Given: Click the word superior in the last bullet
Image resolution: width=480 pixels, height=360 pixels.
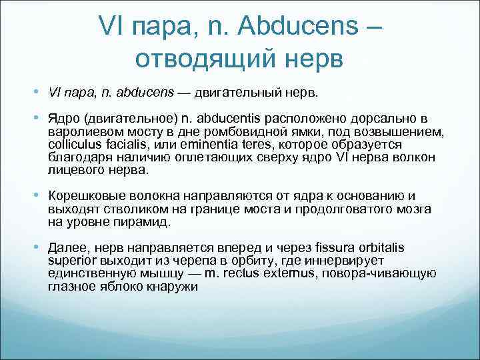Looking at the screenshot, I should pos(71,261).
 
